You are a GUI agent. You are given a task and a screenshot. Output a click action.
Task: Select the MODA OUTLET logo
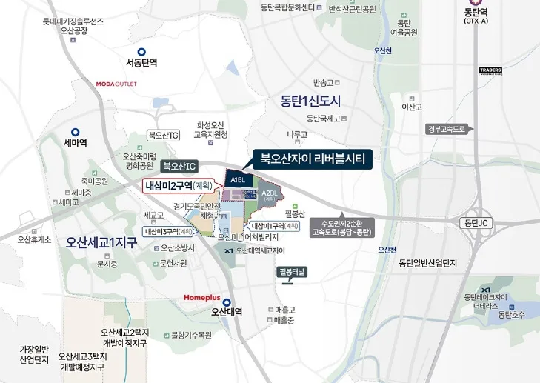tap(116, 84)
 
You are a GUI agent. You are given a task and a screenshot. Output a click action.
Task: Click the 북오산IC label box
tap(179, 166)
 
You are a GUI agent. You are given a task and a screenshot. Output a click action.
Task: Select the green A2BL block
tap(270, 196)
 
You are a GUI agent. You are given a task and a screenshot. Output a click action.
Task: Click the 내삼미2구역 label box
tap(179, 185)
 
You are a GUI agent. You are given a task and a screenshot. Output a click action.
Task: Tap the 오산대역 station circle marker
tap(228, 302)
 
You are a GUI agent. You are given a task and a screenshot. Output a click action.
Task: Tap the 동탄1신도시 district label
tap(310, 101)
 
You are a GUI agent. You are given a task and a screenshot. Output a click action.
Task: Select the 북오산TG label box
tap(164, 136)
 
